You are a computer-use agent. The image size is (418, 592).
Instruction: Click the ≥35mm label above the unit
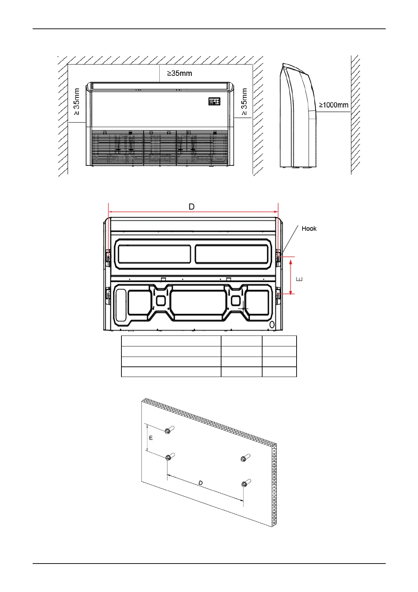coord(180,73)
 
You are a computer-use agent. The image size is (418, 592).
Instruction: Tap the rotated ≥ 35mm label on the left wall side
coord(76,102)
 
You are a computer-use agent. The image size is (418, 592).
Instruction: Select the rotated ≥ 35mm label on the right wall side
coord(244,102)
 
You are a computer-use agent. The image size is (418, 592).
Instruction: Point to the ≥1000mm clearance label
coord(334,105)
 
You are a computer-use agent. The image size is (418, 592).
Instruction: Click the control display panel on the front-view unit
coord(214,102)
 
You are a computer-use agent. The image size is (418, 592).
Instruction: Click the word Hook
coord(309,229)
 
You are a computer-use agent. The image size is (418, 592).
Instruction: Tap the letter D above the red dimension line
coord(192,207)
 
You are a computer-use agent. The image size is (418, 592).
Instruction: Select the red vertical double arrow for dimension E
coord(291,277)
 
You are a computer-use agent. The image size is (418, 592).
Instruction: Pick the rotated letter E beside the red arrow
coord(299,279)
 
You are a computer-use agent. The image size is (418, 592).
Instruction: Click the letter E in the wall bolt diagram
coord(151,438)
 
